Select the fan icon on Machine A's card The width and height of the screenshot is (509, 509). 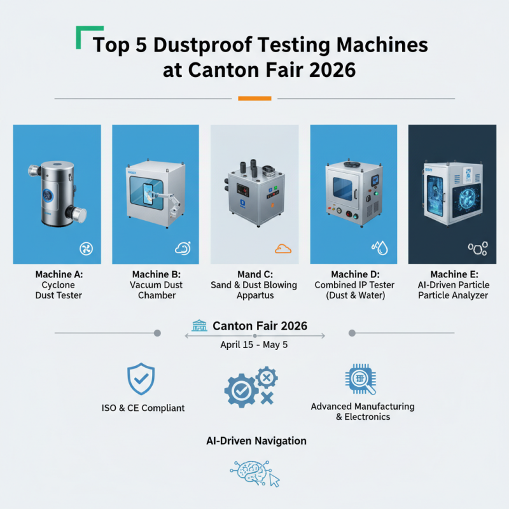85,248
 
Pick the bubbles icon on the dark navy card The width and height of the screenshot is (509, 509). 478,248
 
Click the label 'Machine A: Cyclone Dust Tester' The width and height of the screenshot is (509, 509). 59,284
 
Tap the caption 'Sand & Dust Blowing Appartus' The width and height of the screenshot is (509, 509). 254,290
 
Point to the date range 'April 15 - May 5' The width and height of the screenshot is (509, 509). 254,344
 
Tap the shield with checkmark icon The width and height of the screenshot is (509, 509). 141,379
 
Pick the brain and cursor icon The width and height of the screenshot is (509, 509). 254,475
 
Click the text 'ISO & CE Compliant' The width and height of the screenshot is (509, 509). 143,408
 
